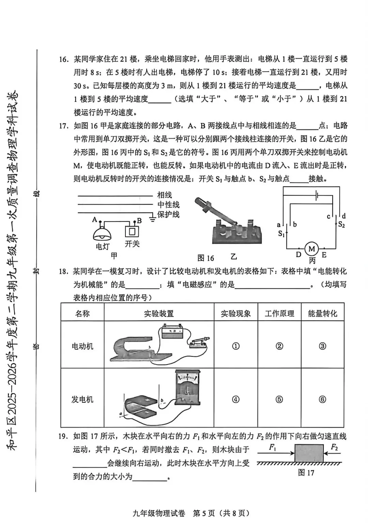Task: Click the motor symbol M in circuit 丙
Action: point(311,249)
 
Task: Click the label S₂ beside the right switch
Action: point(341,224)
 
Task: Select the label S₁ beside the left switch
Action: point(281,234)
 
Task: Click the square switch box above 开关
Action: point(132,231)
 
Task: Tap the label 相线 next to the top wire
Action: point(164,195)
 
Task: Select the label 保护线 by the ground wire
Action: point(168,214)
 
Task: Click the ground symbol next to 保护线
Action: point(152,218)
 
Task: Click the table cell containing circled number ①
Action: point(235,346)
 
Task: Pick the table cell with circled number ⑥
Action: point(322,399)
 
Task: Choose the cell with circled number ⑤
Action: point(279,399)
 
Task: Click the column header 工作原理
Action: point(279,313)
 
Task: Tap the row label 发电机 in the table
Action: point(82,399)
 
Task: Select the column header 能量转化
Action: point(322,313)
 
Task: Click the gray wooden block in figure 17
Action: point(309,453)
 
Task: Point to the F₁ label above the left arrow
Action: point(273,447)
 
